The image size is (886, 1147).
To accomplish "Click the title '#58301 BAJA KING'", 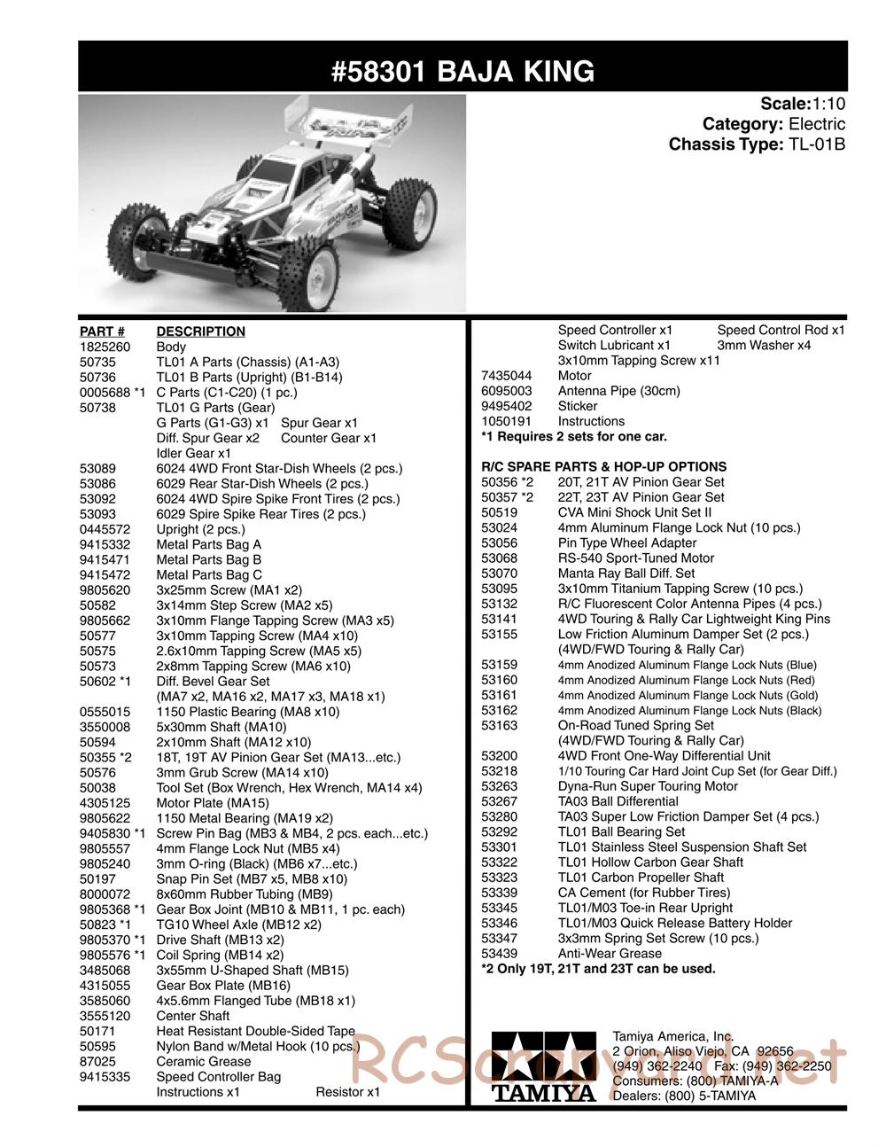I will pyautogui.click(x=462, y=70).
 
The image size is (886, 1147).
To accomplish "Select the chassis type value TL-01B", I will pyautogui.click(x=817, y=144).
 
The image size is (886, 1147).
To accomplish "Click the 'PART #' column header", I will pyautogui.click(x=102, y=332).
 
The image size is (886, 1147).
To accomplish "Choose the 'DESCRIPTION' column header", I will pyautogui.click(x=200, y=332).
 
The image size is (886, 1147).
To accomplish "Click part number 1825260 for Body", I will pyautogui.click(x=101, y=347).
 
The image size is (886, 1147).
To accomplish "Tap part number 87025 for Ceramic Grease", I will pyautogui.click(x=95, y=1061).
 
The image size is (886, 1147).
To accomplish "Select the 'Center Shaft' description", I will pyautogui.click(x=193, y=1016).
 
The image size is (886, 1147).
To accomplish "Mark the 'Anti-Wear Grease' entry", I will pyautogui.click(x=610, y=953).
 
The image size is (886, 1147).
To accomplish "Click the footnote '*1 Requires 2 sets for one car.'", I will pyautogui.click(x=573, y=436).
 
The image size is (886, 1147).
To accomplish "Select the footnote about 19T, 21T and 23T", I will pyautogui.click(x=597, y=968).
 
